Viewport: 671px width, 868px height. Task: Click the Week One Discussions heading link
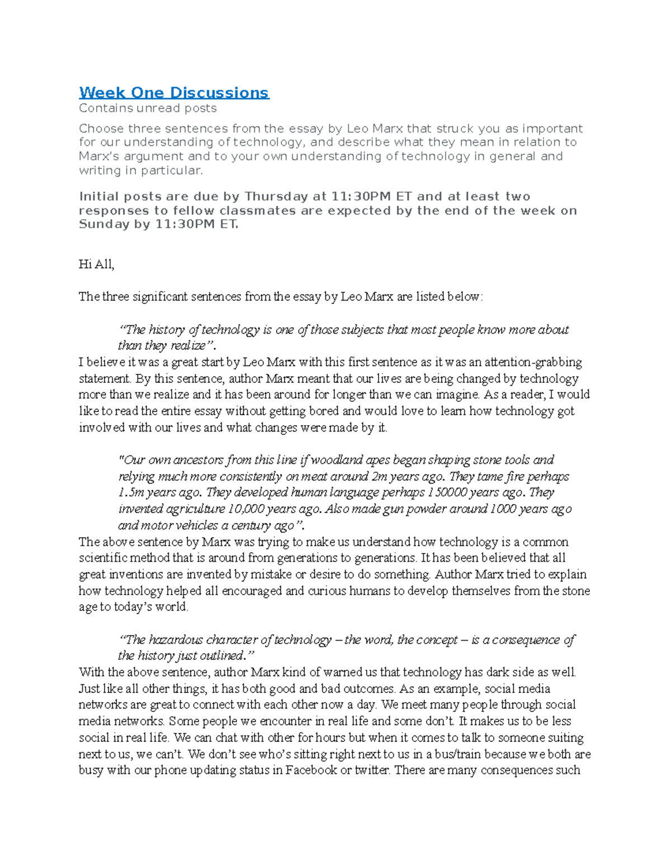point(174,93)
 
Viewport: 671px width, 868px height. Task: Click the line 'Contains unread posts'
point(148,108)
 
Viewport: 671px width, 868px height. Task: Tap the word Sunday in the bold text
point(104,225)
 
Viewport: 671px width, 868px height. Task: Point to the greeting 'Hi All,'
point(96,264)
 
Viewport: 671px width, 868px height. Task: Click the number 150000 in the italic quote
point(446,493)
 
